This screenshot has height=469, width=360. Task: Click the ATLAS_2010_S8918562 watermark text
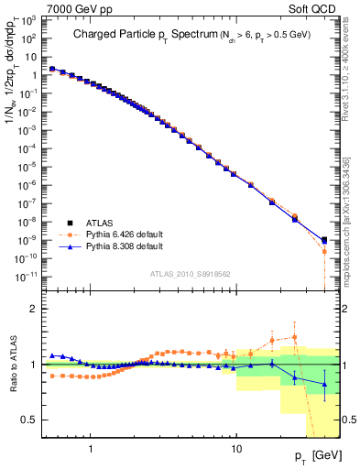[x=191, y=274]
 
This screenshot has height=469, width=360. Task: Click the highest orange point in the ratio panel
[x=294, y=337]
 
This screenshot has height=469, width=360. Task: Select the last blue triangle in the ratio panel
[x=324, y=385]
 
